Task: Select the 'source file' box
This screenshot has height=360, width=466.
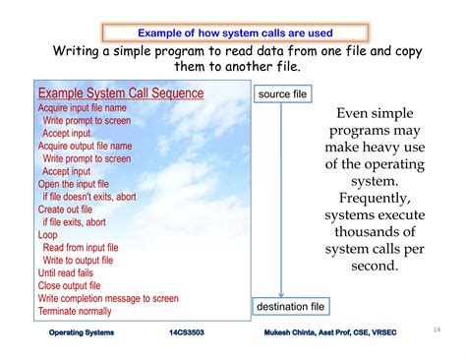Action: click(x=281, y=94)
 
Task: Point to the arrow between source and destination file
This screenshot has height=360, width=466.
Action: click(x=282, y=198)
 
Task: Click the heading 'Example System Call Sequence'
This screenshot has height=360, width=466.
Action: click(x=121, y=93)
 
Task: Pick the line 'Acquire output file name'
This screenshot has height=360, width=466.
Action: click(x=85, y=146)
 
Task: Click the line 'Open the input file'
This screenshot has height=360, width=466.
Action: click(x=75, y=184)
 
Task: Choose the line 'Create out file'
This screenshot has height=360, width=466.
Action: click(x=65, y=210)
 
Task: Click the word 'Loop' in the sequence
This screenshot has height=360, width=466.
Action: click(x=47, y=235)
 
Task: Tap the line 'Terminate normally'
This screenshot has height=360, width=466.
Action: click(x=75, y=311)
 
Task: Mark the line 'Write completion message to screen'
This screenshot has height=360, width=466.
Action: click(x=108, y=298)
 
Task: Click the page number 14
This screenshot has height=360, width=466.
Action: click(x=437, y=330)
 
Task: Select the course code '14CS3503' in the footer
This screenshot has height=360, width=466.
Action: click(x=188, y=332)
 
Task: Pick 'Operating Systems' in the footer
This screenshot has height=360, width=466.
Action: click(x=82, y=332)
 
